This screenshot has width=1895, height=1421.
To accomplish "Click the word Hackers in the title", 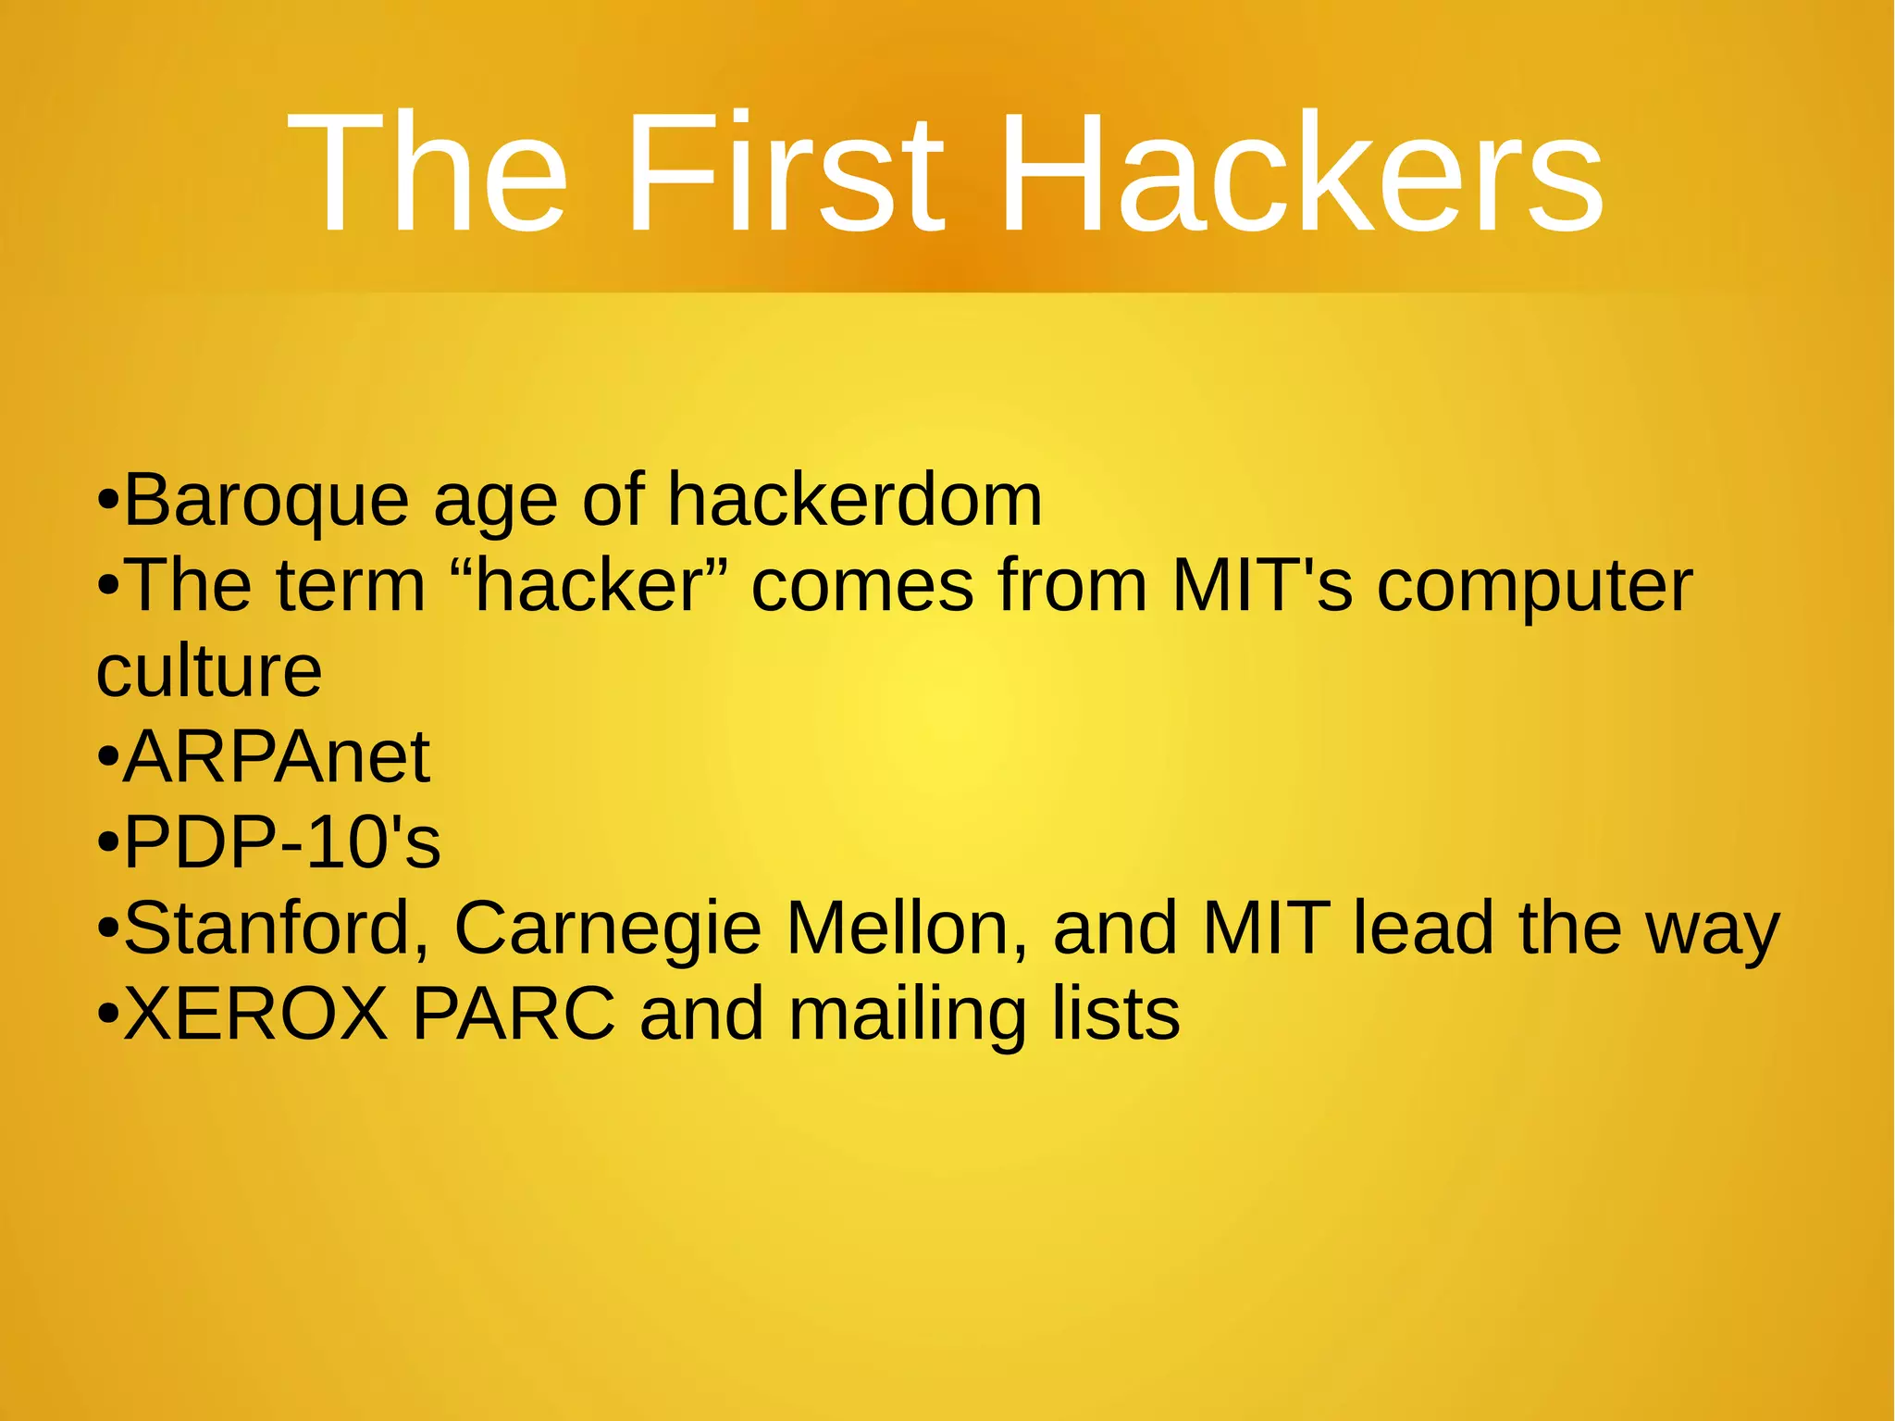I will pos(1301,173).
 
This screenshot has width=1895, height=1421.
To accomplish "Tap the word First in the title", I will pos(786,173).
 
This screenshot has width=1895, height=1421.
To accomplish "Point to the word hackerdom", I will pos(855,501).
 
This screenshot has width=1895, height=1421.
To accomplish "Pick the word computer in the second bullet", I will pos(1534,587).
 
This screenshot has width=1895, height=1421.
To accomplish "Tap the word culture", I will pos(209,670).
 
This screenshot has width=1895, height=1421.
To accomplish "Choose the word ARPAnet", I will pos(277,756).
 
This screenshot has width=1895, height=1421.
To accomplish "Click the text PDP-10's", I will pos(282,842).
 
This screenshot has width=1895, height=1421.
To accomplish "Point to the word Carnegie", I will pos(608,929).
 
